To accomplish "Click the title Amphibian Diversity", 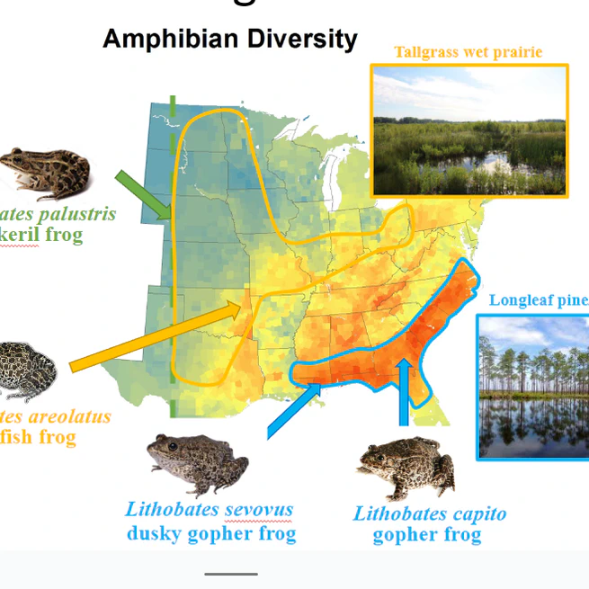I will (229, 39).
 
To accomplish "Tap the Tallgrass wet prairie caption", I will (469, 52).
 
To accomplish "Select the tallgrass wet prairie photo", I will (469, 130).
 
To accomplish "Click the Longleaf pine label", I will (538, 299).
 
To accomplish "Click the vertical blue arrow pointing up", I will (405, 392).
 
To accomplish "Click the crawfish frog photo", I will (26, 369).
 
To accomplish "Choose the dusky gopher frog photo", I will (197, 462).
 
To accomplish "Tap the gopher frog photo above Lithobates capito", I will (407, 468).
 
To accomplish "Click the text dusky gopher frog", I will (210, 533).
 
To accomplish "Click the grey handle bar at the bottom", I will (230, 574).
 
